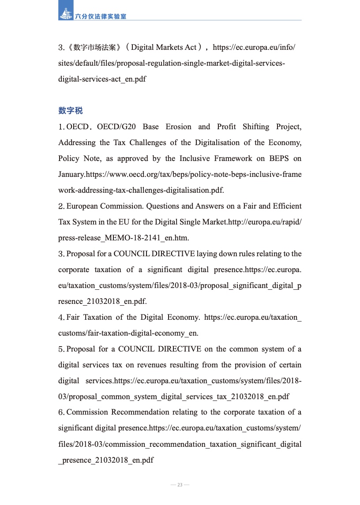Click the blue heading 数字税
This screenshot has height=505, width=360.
tap(70, 110)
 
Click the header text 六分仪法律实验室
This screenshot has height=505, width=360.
tap(101, 16)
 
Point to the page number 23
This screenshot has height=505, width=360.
tap(180, 485)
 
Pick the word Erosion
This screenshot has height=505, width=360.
tap(179, 127)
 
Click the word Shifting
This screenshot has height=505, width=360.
tap(256, 127)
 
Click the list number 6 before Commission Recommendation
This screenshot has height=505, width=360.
tap(61, 412)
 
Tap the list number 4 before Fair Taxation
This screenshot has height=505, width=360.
tap(61, 318)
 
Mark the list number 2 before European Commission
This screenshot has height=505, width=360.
tap(61, 206)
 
